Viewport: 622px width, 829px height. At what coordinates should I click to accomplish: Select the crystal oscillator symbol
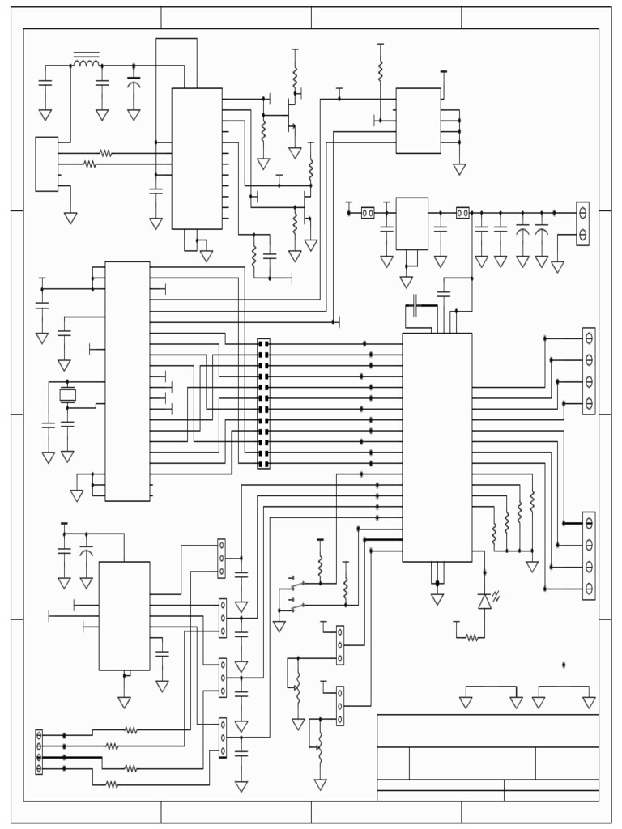[67, 395]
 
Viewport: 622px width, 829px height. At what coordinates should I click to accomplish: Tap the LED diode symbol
[485, 601]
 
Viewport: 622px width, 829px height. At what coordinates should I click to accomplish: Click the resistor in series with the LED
[471, 638]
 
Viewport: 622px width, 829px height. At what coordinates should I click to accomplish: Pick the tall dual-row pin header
[263, 403]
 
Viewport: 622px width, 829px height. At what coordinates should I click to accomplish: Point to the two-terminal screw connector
[582, 223]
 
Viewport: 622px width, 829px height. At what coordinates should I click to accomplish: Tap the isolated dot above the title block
[564, 665]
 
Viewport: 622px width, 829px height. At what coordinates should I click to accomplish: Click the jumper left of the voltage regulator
[367, 213]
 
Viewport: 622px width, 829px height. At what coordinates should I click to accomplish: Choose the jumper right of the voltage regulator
[462, 213]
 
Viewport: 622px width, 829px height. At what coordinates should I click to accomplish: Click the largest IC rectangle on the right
[437, 447]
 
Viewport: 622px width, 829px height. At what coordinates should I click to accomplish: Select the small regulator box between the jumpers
[411, 223]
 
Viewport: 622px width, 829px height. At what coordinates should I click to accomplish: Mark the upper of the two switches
[298, 585]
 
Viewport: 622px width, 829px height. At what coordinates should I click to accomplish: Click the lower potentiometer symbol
[320, 748]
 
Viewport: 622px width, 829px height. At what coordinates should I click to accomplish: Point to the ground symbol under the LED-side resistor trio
[532, 567]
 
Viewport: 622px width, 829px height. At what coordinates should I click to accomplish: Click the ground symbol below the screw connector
[557, 266]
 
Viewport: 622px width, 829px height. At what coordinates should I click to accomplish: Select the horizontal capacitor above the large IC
[415, 307]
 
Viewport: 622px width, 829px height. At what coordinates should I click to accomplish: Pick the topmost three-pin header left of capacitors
[221, 559]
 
